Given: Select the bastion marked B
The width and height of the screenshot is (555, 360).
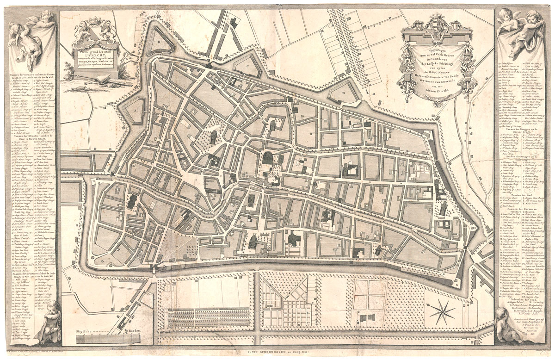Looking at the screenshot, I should pyautogui.click(x=159, y=41).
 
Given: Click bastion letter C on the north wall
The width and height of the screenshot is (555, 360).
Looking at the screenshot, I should pyautogui.click(x=247, y=66).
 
